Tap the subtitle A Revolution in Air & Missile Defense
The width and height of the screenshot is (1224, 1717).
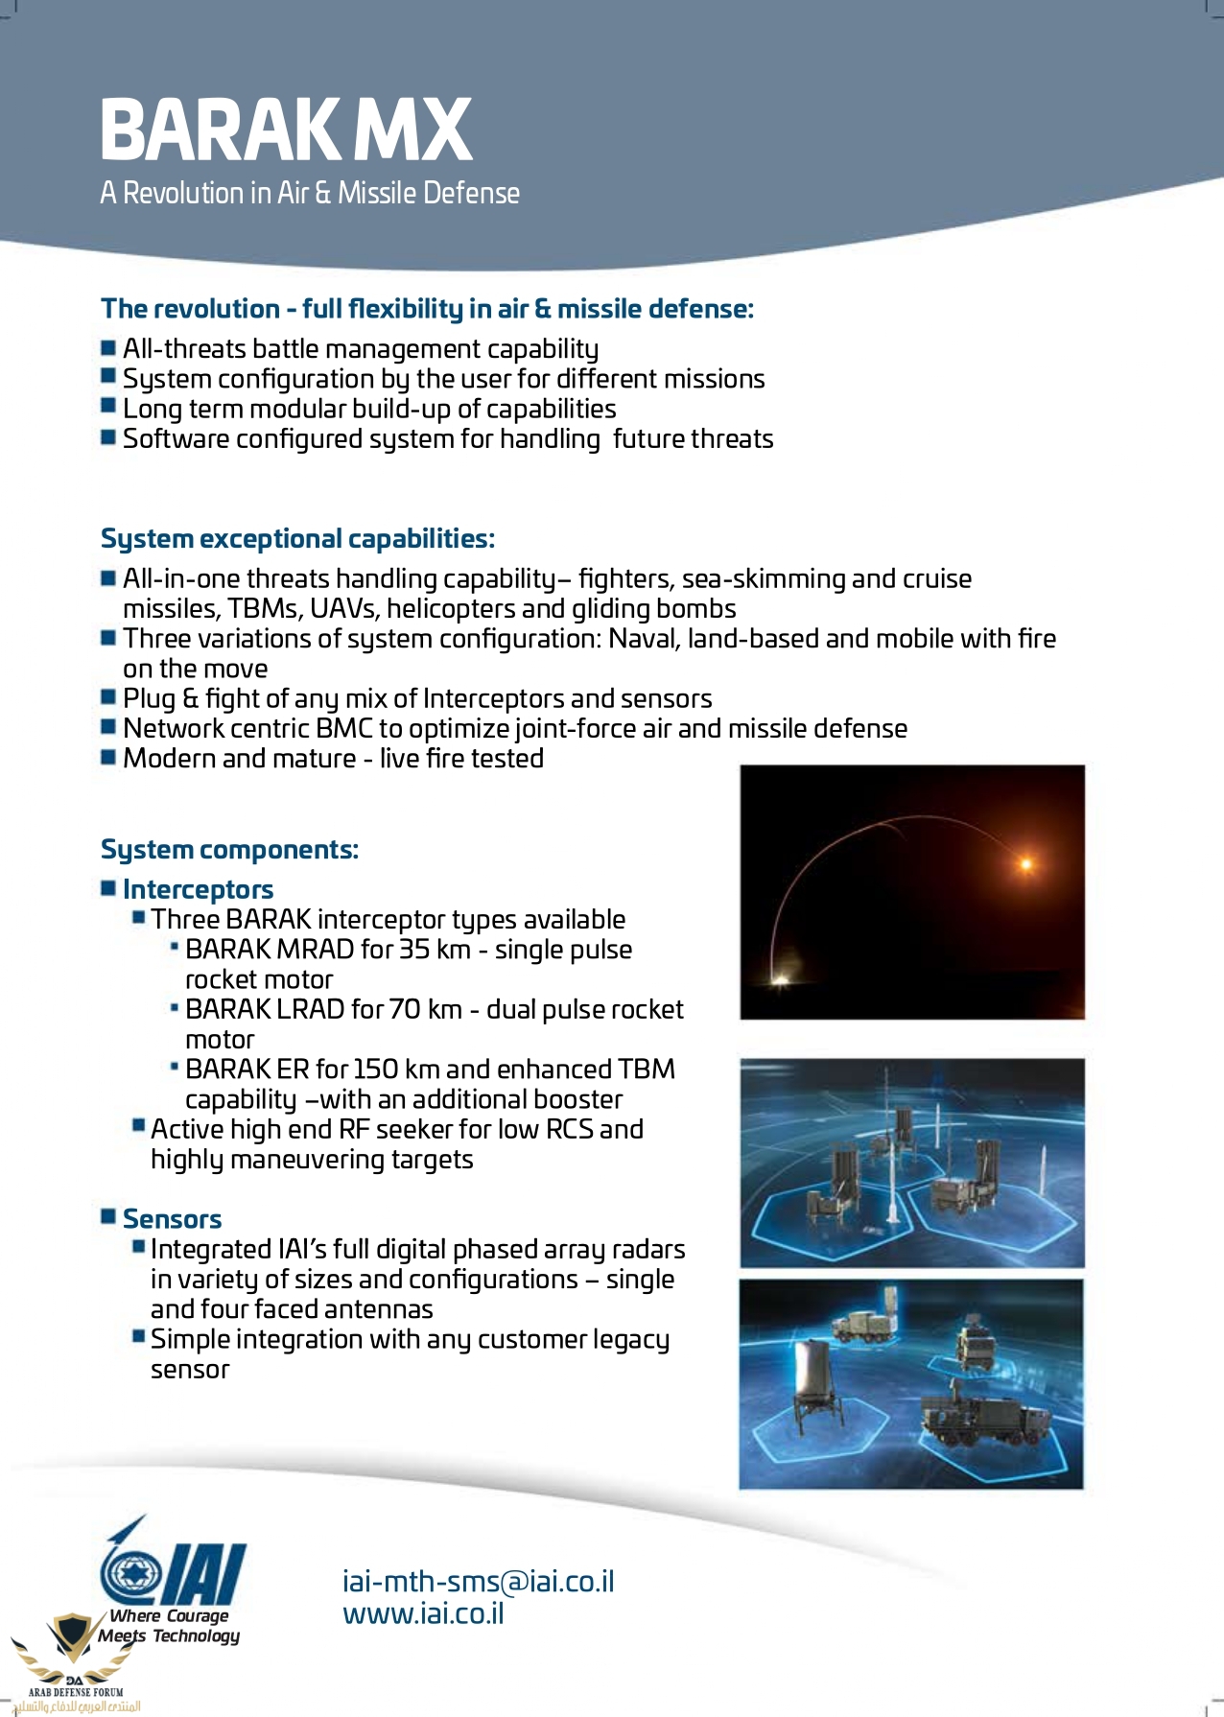[x=310, y=193]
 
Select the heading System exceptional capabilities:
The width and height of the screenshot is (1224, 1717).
[x=297, y=539]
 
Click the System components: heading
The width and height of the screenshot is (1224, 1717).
[x=229, y=850]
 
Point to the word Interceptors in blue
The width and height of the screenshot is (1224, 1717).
[x=198, y=890]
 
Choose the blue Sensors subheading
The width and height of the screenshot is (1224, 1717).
[x=172, y=1219]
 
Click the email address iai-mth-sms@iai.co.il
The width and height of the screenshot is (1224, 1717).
[x=478, y=1581]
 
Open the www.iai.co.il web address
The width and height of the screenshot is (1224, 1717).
[x=423, y=1613]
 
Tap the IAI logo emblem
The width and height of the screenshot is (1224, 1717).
[x=173, y=1565]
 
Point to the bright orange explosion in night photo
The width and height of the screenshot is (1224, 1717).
[x=1025, y=864]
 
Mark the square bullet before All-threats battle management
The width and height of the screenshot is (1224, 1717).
[x=108, y=346]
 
